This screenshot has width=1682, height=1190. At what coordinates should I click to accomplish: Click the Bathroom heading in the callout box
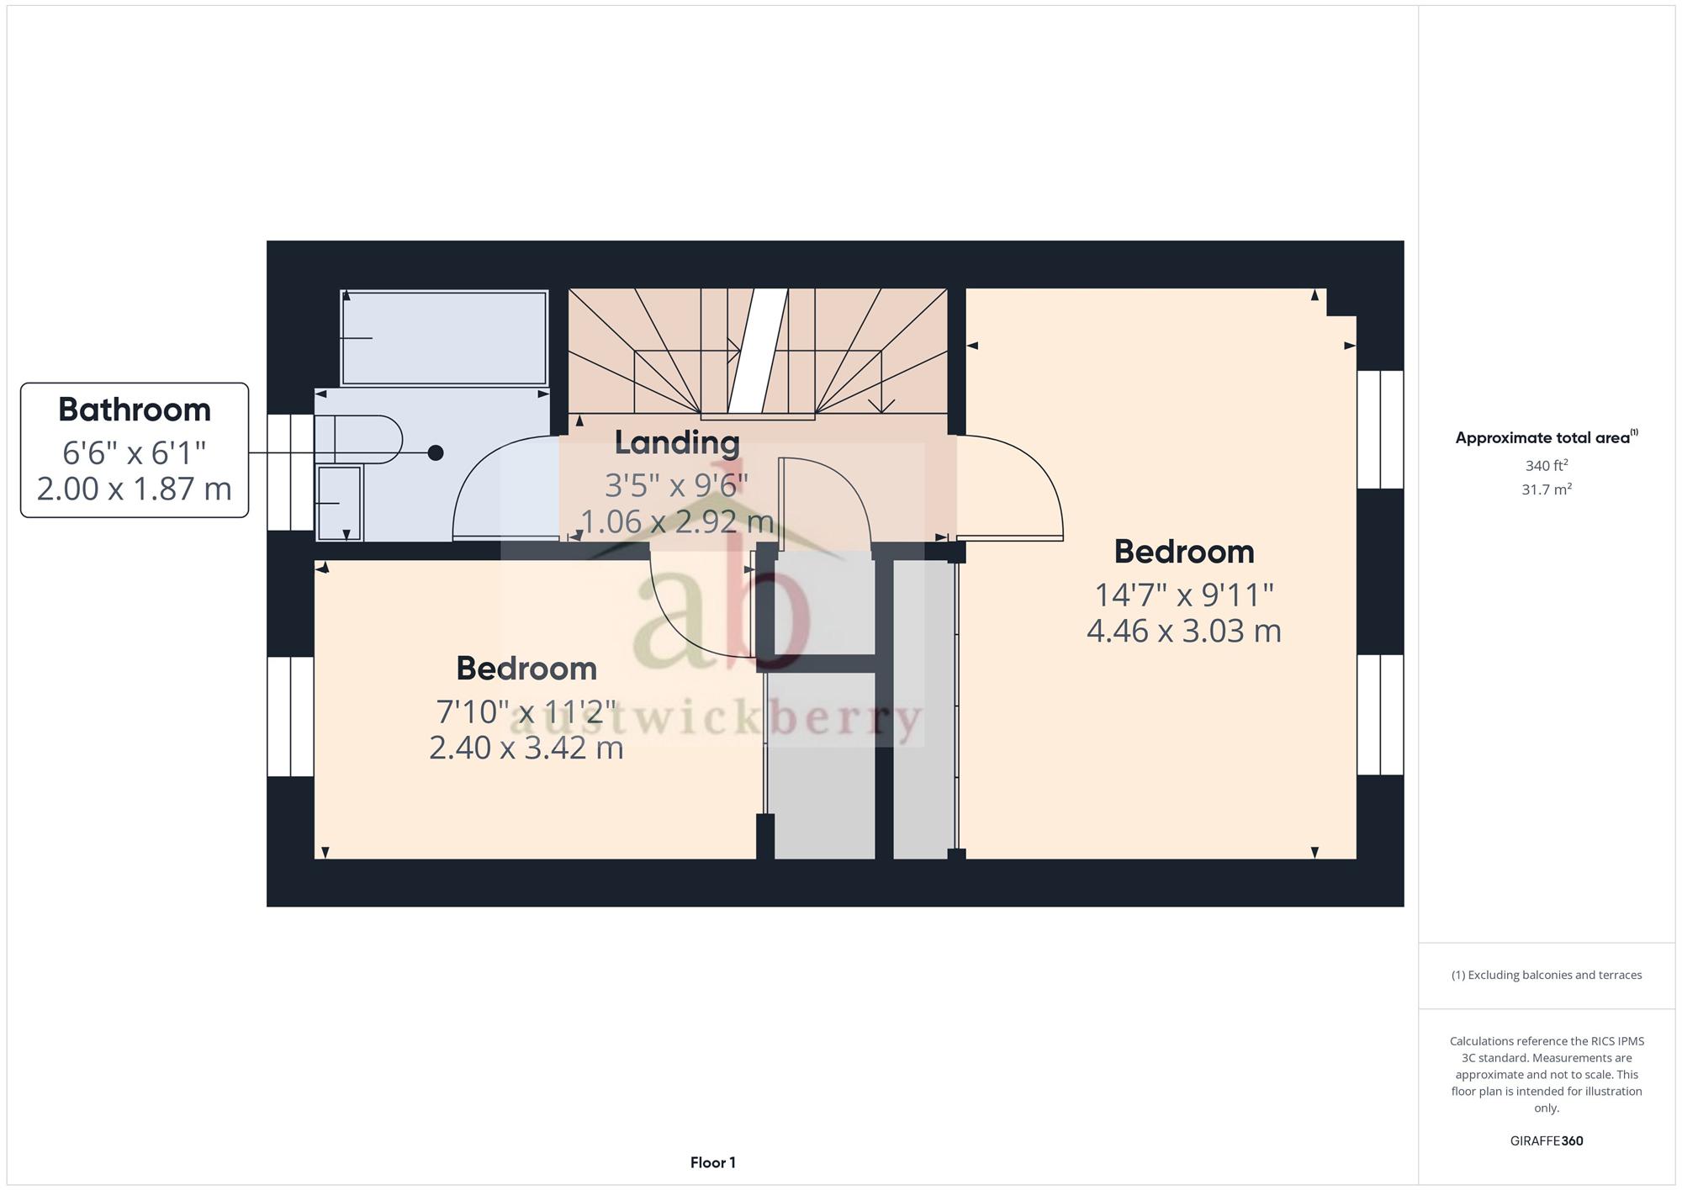pos(135,410)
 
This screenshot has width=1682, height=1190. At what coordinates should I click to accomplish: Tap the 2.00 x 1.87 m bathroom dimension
pos(135,489)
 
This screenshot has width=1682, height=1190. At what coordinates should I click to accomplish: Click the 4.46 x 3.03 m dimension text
pos(1184,631)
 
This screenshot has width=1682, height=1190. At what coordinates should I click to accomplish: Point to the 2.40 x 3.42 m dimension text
pos(526,748)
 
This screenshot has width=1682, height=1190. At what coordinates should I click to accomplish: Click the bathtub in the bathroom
pos(444,337)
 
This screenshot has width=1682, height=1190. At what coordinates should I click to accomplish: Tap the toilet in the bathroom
pos(358,439)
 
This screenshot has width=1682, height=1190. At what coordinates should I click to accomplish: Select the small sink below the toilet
pos(339,503)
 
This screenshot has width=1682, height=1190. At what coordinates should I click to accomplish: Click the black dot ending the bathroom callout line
pos(436,453)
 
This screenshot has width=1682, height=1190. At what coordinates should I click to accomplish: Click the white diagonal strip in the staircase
pos(758,351)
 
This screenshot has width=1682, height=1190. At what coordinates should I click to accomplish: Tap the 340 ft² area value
pos(1547,465)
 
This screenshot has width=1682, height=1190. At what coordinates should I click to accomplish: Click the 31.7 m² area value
pos(1547,489)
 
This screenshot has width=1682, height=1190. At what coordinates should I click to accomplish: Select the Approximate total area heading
pos(1547,437)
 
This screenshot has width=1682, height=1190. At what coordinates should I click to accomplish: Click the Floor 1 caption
pos(713,1162)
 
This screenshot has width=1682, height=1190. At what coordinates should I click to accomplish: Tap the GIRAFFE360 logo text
pos(1547,1141)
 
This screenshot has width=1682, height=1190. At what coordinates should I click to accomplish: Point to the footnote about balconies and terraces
pos(1547,976)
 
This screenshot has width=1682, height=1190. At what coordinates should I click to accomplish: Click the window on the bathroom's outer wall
pos(290,472)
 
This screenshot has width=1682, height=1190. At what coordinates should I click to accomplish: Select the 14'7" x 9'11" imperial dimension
pos(1184,595)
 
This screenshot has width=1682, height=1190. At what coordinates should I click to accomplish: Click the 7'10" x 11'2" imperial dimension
pos(526,711)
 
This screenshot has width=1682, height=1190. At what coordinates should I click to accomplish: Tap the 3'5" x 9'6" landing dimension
pos(677,484)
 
